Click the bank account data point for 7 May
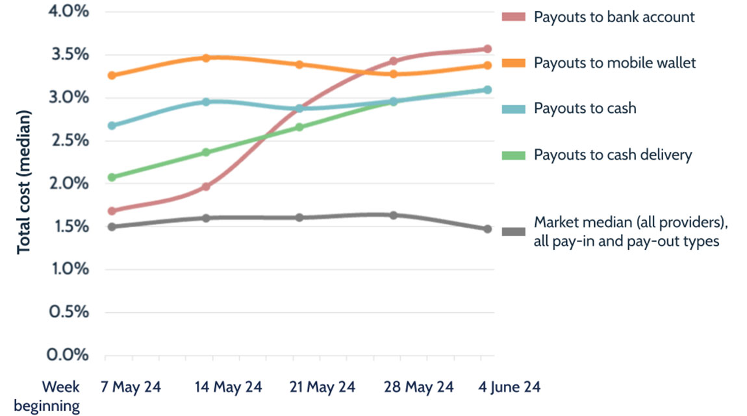click(112, 211)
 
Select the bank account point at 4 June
click(487, 49)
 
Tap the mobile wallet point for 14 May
click(206, 58)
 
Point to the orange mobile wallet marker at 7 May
click(112, 75)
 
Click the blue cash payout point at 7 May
click(112, 125)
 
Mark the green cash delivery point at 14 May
click(206, 153)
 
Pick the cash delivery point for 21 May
click(299, 127)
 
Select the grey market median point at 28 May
click(394, 215)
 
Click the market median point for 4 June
click(487, 229)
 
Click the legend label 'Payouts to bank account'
click(614, 17)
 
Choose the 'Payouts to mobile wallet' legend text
click(614, 63)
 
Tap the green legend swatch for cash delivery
click(514, 156)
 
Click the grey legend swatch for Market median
click(514, 232)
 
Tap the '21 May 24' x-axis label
click(322, 387)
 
